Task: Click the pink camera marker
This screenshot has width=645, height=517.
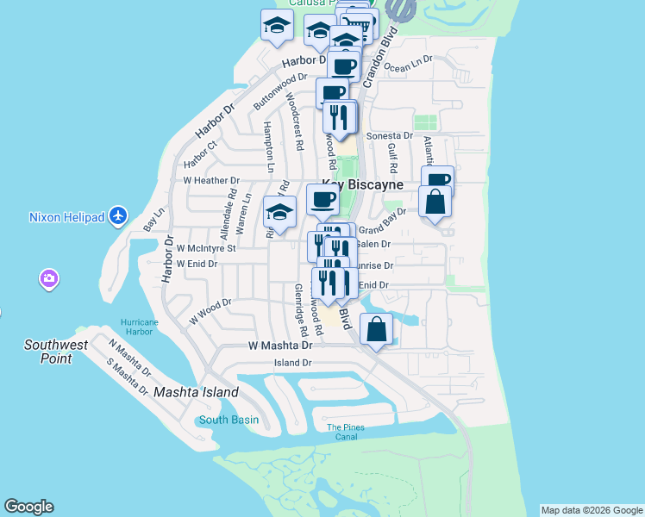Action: [x=48, y=278]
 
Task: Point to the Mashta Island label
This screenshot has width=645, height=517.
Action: [x=196, y=392]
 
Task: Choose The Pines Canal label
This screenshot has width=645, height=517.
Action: [x=341, y=432]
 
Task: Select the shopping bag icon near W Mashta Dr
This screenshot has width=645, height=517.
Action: [x=377, y=328]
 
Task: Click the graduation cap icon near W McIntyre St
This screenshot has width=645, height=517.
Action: [x=279, y=211]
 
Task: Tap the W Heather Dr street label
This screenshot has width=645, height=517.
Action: [x=211, y=181]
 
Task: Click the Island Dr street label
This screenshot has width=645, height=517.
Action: [x=292, y=363]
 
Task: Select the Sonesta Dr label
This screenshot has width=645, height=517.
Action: [x=390, y=136]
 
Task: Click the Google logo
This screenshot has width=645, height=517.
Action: [x=28, y=507]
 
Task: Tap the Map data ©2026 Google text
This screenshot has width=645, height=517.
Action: [x=591, y=510]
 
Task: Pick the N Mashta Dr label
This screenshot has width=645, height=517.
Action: [x=128, y=357]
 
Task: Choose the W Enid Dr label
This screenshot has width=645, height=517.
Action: [x=197, y=263]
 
